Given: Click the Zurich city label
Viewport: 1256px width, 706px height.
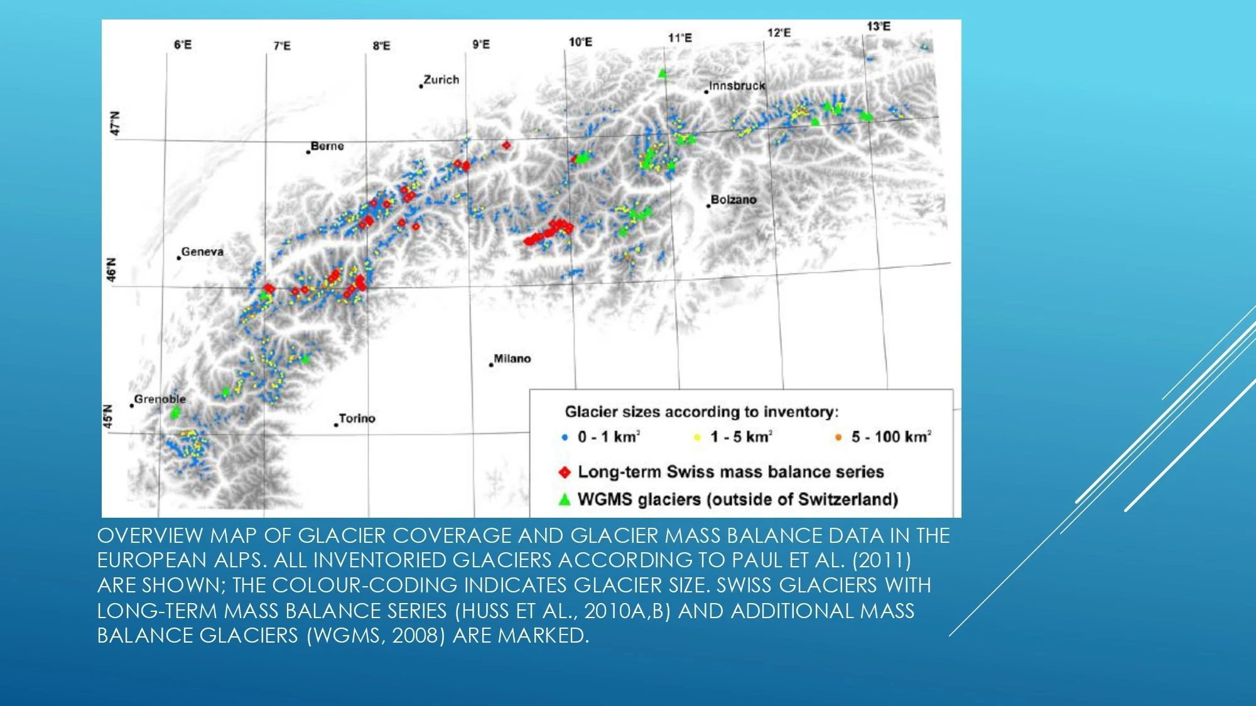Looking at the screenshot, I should tap(441, 80).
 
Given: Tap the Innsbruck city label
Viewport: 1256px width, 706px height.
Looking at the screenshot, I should tap(737, 86).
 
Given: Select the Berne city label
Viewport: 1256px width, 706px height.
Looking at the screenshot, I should tap(327, 146).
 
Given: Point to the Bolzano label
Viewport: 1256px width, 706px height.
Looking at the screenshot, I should tap(734, 200).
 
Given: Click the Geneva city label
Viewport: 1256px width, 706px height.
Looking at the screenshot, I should tap(202, 252).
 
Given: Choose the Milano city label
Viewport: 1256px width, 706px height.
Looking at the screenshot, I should tap(512, 358).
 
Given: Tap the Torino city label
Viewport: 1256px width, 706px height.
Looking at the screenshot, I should tap(357, 419).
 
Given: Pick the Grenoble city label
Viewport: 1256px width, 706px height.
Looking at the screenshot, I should tap(160, 399).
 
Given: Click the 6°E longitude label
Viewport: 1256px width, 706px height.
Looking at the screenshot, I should tap(183, 45).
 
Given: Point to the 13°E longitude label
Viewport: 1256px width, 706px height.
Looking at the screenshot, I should tap(879, 26).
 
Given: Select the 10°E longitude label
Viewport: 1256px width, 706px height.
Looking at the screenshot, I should tap(580, 42).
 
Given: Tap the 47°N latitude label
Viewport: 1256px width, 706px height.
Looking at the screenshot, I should tap(114, 123).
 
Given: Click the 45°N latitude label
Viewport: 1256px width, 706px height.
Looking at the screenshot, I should tap(109, 417).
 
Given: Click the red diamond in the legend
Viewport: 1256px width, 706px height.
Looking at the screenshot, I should tap(565, 472).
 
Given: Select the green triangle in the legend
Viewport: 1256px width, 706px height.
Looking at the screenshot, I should tap(565, 500).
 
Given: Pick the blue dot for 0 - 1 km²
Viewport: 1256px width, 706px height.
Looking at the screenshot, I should tap(565, 437).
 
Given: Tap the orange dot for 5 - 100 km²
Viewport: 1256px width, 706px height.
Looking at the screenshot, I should tap(838, 437).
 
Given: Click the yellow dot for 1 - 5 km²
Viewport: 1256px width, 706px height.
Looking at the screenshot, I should tap(696, 437).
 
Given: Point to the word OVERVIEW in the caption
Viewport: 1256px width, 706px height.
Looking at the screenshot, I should tap(150, 535).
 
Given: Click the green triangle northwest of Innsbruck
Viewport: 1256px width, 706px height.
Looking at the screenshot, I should tap(662, 73).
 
